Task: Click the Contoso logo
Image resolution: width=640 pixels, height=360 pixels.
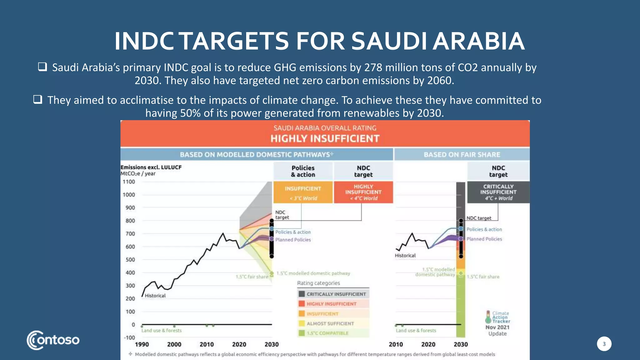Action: coord(53,340)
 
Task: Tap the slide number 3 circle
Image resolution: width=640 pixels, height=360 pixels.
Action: coord(604,344)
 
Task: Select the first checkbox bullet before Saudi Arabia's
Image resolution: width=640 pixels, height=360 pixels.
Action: coord(42,67)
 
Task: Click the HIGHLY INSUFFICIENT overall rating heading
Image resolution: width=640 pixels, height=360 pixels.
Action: coord(325,138)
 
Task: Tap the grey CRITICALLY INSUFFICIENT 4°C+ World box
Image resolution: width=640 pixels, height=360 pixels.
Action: coord(498,192)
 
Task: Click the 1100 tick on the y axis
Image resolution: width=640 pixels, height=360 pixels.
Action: coord(129,182)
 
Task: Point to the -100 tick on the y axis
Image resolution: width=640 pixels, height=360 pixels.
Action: coord(129,338)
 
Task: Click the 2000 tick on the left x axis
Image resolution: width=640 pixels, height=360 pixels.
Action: coord(174,344)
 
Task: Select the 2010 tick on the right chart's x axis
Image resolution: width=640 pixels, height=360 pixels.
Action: coord(395,344)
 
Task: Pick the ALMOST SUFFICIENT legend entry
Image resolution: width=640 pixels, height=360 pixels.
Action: coord(330,324)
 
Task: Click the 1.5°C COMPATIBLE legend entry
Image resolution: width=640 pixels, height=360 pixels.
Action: coord(327,333)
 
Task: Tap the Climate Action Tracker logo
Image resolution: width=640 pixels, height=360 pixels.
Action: coord(497,317)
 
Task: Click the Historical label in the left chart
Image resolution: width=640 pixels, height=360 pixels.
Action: coord(155,296)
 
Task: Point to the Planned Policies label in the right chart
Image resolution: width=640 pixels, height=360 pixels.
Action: coord(484,239)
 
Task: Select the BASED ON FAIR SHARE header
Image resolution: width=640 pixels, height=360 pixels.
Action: coord(462,155)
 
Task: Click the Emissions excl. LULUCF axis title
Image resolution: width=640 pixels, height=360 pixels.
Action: coord(151,167)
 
